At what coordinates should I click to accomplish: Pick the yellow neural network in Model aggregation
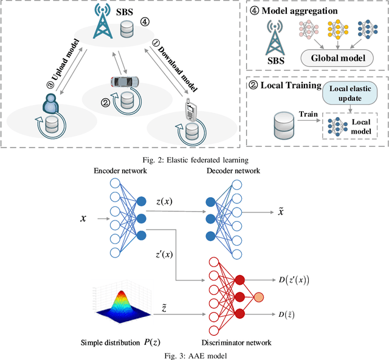338,29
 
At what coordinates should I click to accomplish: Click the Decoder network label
233,171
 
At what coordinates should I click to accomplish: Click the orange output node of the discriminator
259,297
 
